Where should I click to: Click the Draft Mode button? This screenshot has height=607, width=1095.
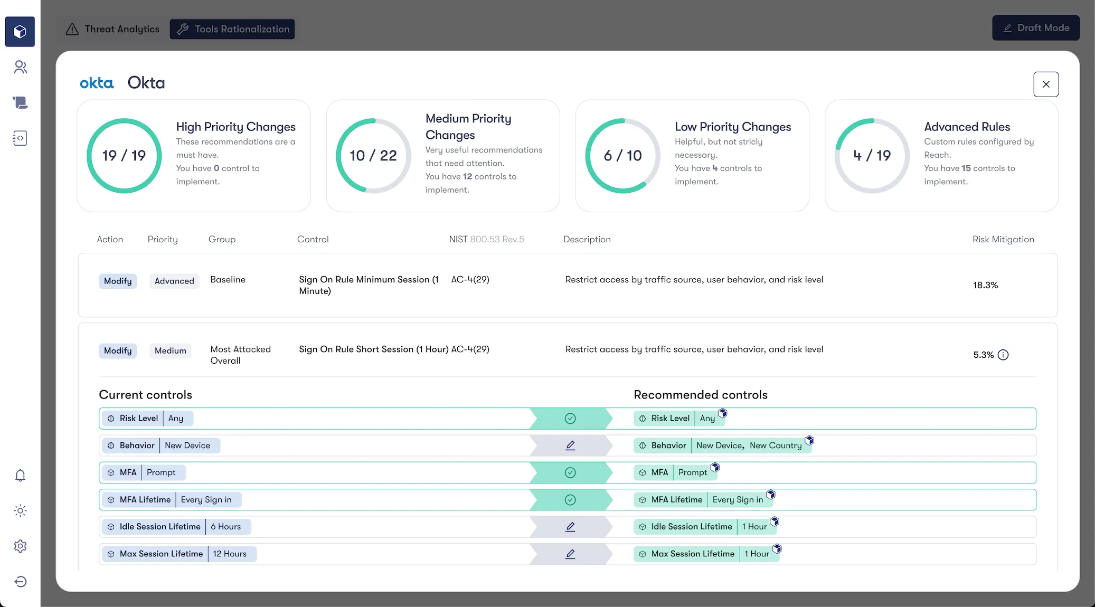[x=1035, y=28]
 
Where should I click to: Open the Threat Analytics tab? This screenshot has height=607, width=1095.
[x=112, y=29]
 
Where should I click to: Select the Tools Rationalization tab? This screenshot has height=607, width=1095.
[x=232, y=29]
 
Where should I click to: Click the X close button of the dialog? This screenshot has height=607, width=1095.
[x=1045, y=84]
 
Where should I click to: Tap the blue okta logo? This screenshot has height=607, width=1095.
[x=97, y=83]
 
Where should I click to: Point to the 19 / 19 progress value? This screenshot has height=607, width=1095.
[x=124, y=156]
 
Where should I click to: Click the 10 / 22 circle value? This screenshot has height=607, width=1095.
[x=373, y=156]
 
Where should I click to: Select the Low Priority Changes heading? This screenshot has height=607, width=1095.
[x=732, y=127]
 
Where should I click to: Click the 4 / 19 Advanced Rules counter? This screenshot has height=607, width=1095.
[x=872, y=156]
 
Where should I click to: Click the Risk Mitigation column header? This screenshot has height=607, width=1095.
[x=1003, y=239]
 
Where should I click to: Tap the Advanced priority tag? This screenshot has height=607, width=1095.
[x=174, y=281]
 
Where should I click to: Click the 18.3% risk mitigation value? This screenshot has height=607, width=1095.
[x=985, y=285]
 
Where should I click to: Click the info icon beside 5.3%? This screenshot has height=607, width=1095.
[x=1003, y=355]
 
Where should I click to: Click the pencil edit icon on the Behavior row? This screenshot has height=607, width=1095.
[x=570, y=445]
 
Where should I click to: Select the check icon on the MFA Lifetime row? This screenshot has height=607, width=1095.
[x=570, y=500]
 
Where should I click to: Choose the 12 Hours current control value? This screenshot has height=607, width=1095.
[x=230, y=554]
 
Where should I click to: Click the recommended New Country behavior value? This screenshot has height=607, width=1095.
[x=775, y=445]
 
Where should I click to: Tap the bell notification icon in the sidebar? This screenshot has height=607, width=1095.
[x=20, y=476]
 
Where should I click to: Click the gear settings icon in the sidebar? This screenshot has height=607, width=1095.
[x=20, y=546]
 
